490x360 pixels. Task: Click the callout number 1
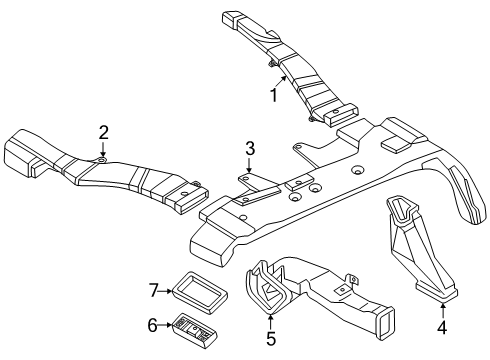point(270,96)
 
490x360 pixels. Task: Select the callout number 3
point(249,149)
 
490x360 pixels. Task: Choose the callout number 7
point(153,290)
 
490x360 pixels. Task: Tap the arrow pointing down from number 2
point(102,150)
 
